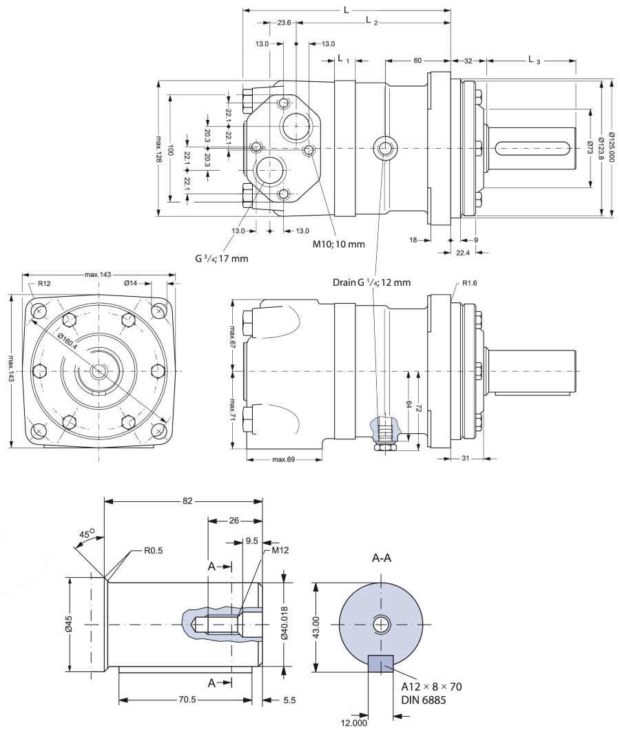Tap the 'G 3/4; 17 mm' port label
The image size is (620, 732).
tap(221, 258)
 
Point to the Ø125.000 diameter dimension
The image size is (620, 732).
tap(612, 148)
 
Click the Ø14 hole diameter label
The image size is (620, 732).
tap(131, 283)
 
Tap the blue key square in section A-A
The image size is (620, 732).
tap(380, 663)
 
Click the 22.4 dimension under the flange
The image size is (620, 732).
tap(462, 253)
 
